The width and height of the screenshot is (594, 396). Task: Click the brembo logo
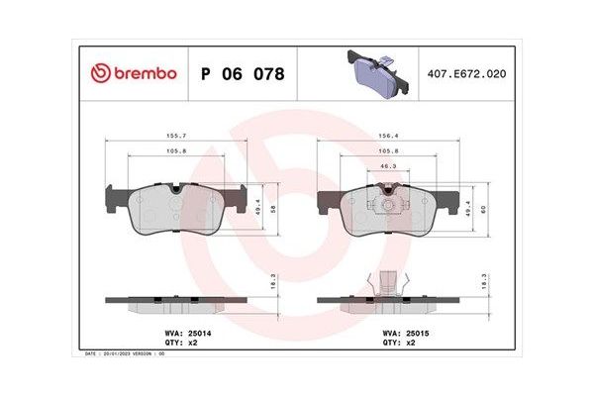coord(133,73)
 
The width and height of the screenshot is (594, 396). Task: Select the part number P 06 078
coord(243,74)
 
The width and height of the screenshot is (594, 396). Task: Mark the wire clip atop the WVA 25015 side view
coord(388,281)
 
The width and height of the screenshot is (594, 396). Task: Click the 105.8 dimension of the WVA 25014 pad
coord(177,151)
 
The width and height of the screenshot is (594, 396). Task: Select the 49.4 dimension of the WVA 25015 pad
coord(469,209)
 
